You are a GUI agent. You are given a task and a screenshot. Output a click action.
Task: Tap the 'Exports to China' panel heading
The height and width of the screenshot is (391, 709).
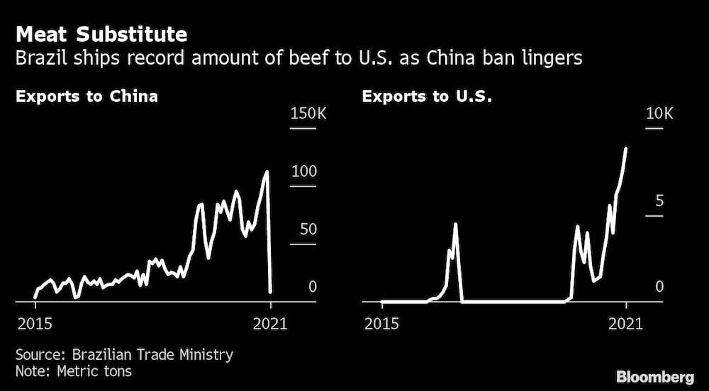pyautogui.click(x=86, y=96)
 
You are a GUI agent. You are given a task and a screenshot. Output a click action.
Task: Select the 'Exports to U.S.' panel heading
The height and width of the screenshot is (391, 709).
pyautogui.click(x=428, y=96)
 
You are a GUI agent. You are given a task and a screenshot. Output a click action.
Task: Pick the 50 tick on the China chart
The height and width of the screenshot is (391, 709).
pyautogui.click(x=308, y=229)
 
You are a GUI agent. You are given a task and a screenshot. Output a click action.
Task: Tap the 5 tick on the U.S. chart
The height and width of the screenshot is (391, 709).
pyautogui.click(x=659, y=201)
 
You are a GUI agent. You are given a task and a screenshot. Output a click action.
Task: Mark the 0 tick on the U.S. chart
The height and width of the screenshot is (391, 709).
pyautogui.click(x=659, y=287)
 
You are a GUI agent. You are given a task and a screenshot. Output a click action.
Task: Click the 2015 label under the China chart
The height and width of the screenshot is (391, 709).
pyautogui.click(x=34, y=324)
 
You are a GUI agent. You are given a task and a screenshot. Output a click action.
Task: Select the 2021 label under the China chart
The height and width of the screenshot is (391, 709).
pyautogui.click(x=269, y=324)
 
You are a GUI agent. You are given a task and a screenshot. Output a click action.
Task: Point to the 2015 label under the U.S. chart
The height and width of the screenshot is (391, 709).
pyautogui.click(x=381, y=324)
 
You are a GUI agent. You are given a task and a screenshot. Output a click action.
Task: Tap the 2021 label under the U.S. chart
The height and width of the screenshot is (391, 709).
pyautogui.click(x=625, y=324)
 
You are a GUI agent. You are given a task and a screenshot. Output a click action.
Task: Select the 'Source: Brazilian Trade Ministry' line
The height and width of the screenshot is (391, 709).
pyautogui.click(x=124, y=355)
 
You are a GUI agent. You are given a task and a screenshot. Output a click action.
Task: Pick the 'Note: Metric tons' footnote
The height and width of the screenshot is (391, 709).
pyautogui.click(x=74, y=370)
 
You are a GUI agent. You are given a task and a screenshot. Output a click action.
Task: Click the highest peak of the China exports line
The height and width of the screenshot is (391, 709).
pyautogui.click(x=267, y=171)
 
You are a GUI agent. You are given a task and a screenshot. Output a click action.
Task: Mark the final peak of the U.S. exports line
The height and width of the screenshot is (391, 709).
pyautogui.click(x=626, y=149)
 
